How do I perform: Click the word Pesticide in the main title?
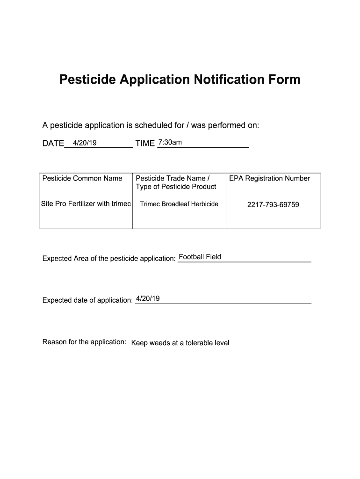(87, 80)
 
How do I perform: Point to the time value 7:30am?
(170, 142)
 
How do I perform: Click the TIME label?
(145, 144)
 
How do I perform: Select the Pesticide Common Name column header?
(82, 178)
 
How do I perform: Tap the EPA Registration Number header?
(269, 178)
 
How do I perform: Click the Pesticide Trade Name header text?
(172, 178)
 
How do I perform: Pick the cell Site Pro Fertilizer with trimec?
(86, 203)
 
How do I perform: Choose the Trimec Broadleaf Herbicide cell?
(179, 204)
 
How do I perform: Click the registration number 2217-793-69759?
(273, 204)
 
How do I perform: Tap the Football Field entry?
(200, 257)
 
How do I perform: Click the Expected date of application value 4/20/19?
(148, 298)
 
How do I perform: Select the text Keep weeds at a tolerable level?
(180, 343)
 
